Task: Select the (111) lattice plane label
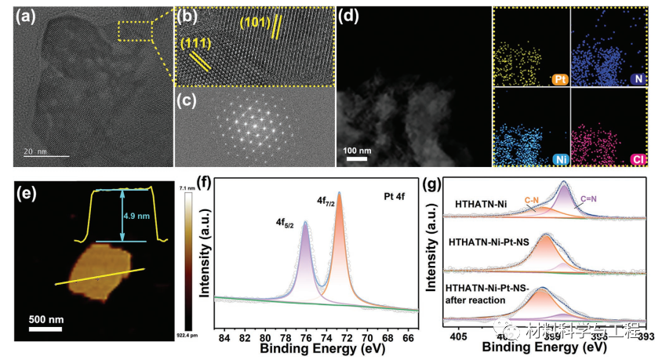click(x=193, y=44)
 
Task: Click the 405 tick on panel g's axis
click(x=458, y=337)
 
